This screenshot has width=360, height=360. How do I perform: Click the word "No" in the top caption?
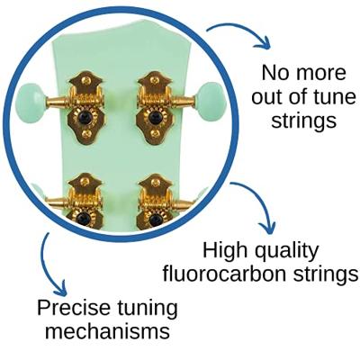(274, 73)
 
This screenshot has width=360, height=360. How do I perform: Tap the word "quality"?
(286, 252)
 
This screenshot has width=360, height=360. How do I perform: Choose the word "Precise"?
(74, 308)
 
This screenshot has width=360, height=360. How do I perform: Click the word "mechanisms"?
(108, 331)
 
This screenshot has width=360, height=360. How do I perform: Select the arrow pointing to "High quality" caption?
(262, 200)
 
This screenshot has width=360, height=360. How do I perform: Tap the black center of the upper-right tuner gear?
(155, 117)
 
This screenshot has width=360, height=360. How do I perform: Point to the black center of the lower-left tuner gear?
(82, 218)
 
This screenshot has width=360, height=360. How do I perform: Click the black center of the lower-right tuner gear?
(155, 219)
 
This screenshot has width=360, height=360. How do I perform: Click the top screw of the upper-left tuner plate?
(86, 80)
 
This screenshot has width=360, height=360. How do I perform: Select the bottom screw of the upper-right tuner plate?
(155, 133)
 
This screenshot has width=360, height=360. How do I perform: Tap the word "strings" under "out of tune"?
(303, 121)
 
